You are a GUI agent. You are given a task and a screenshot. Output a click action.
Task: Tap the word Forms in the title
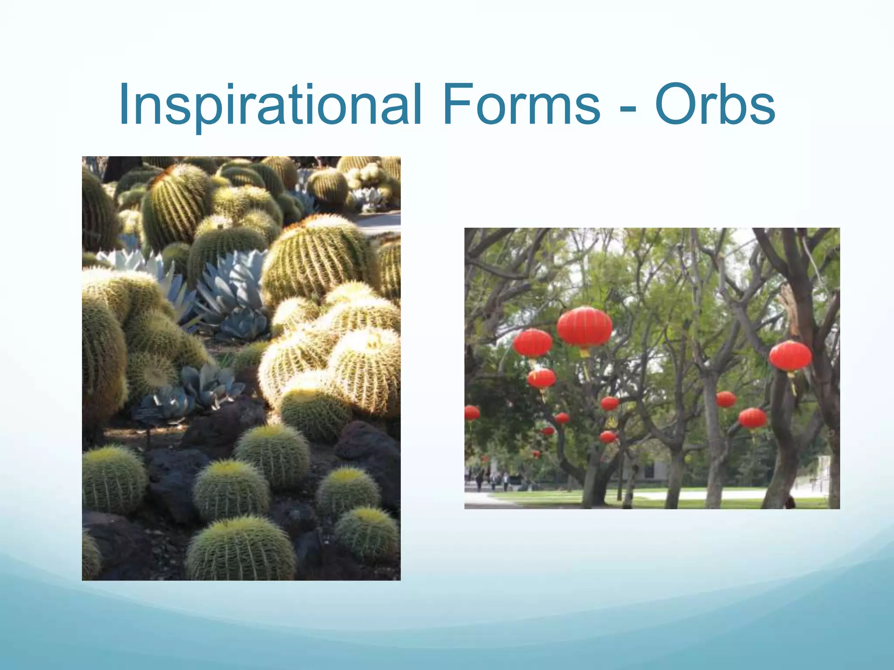[521, 105]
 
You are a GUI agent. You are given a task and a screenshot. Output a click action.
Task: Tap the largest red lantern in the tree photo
[585, 327]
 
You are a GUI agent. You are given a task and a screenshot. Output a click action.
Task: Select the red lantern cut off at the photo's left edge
[471, 413]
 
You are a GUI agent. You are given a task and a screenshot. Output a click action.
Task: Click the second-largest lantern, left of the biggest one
[533, 343]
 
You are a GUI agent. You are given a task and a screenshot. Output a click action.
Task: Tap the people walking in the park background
[493, 480]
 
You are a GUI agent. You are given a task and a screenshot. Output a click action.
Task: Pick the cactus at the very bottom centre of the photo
[241, 550]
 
